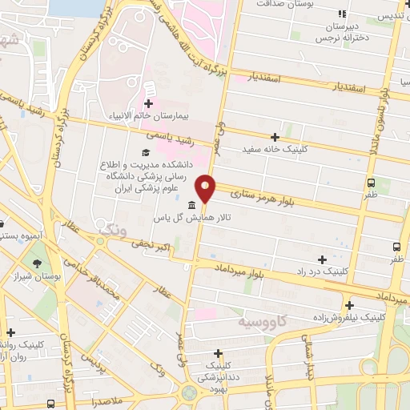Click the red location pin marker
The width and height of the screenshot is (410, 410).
coord(207,188)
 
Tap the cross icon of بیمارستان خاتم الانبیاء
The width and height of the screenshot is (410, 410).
coord(148,102)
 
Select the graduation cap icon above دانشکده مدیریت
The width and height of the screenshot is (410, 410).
coord(145,152)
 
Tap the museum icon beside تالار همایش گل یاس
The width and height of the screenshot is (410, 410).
coord(191,205)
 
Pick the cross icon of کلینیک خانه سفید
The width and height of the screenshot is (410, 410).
coord(275,137)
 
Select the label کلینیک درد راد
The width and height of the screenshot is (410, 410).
coord(344,271)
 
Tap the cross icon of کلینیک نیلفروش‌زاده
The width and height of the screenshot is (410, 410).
coord(349,304)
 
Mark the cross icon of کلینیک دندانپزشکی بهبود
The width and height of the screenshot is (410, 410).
coord(218,353)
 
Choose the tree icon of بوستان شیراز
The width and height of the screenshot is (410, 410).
coord(38,263)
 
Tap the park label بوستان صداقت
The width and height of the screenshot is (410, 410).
coord(291,4)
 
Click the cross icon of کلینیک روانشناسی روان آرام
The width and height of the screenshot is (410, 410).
coord(10,332)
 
